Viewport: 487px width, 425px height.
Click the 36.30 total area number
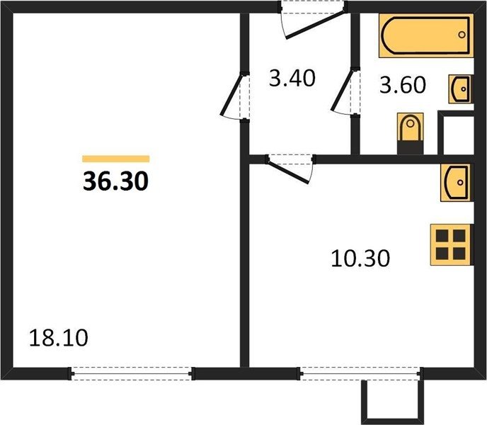pyautogui.click(x=115, y=181)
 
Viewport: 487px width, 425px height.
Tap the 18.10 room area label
pyautogui.click(x=59, y=338)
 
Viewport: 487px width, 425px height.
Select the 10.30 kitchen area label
pyautogui.click(x=360, y=259)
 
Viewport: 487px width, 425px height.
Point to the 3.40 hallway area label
pyautogui.click(x=292, y=78)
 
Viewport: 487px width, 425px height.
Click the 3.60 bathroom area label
pyautogui.click(x=403, y=85)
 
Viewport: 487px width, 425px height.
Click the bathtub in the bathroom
pyautogui.click(x=426, y=35)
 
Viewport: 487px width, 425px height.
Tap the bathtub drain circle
pyautogui.click(x=462, y=35)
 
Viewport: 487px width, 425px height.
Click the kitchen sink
pyautogui.click(x=457, y=183)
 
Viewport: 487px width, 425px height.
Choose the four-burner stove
pyautogui.click(x=452, y=244)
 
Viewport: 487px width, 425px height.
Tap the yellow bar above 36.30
pyautogui.click(x=116, y=159)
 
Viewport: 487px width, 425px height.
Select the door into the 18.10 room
pyautogui.click(x=236, y=96)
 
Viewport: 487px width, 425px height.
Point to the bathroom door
pyautogui.click(x=345, y=92)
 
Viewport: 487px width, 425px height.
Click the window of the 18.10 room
pyautogui.click(x=132, y=373)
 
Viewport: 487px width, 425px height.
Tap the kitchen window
pyautogui.click(x=360, y=373)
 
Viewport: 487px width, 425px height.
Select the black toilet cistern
pyautogui.click(x=411, y=147)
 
